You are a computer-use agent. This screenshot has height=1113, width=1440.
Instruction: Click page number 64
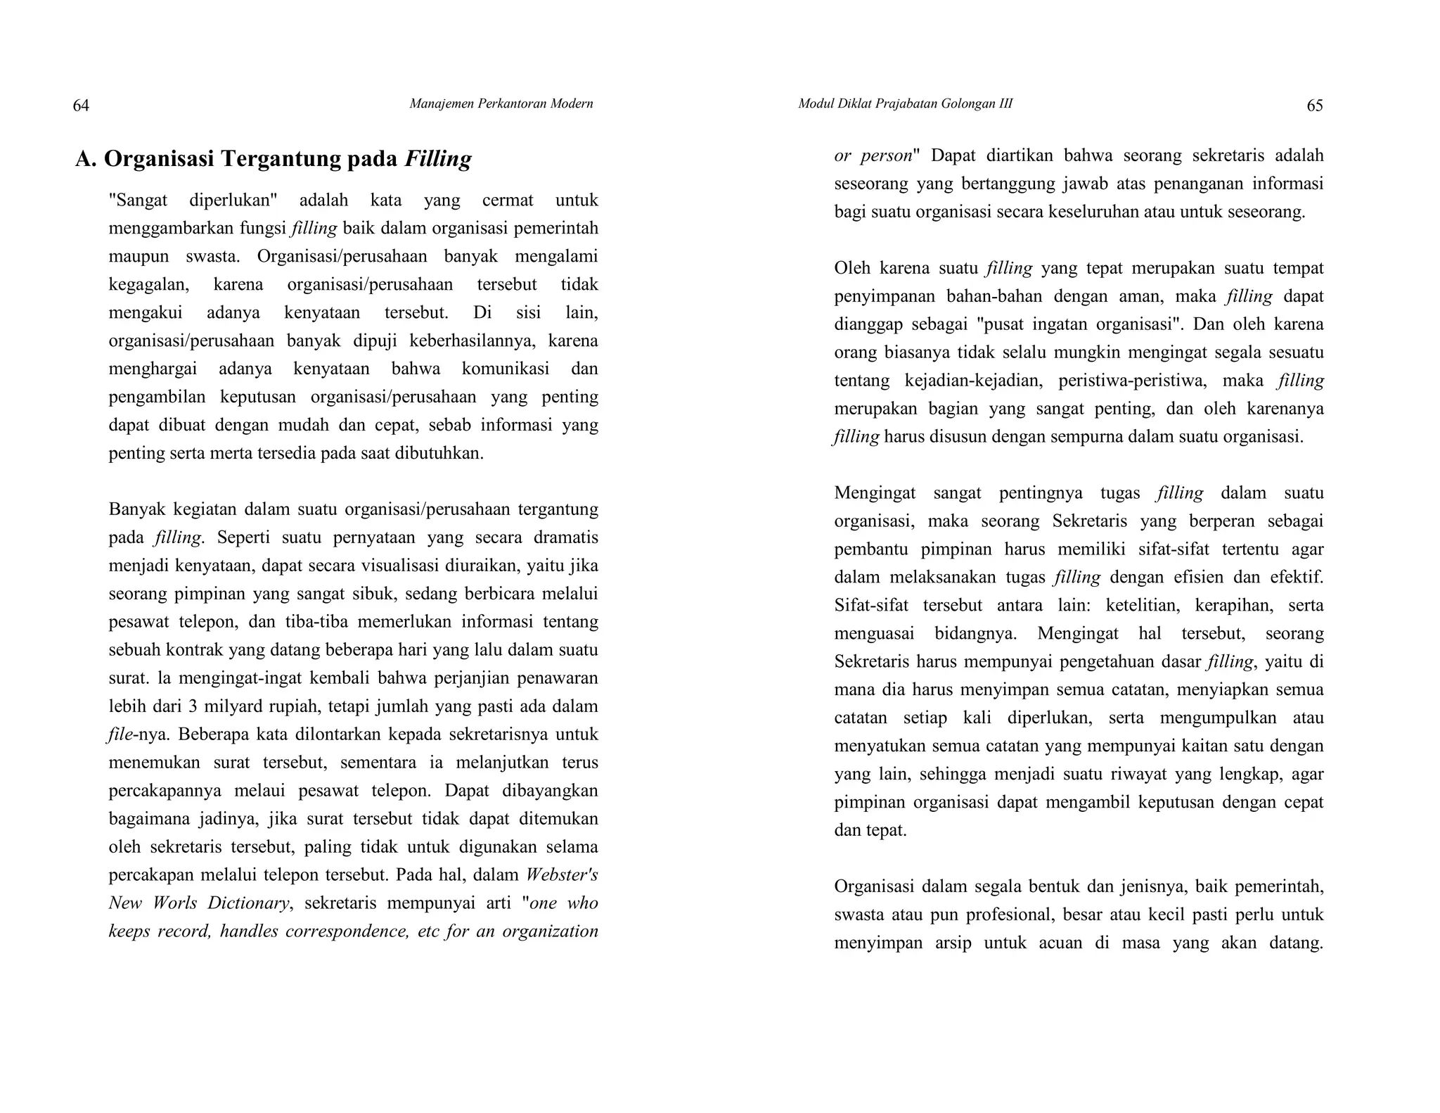[81, 106]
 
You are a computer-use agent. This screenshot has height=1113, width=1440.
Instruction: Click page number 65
[1314, 106]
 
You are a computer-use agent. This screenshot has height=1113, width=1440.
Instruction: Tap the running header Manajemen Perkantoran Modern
[501, 104]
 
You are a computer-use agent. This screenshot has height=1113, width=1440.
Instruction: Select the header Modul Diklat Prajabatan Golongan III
[905, 104]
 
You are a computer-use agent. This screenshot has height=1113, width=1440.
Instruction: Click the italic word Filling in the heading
[438, 159]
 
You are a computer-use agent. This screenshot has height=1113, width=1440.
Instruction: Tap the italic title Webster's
[562, 875]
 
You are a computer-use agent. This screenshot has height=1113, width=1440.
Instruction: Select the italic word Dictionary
[247, 903]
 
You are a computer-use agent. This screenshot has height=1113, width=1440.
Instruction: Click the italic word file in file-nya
[120, 734]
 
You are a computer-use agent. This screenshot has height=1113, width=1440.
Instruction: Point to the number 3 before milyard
[192, 706]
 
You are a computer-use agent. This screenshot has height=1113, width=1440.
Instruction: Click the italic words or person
[873, 155]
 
